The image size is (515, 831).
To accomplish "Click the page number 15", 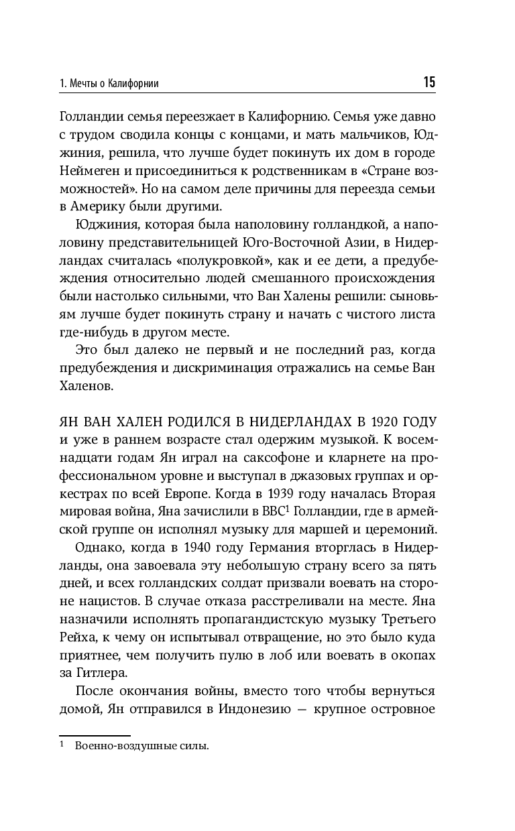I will click(429, 82).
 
